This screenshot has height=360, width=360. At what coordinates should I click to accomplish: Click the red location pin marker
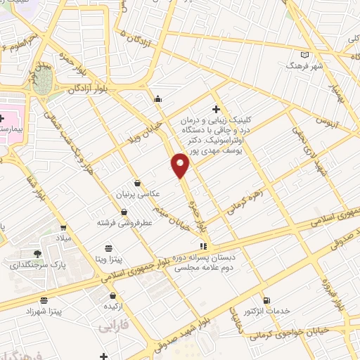tap(181, 166)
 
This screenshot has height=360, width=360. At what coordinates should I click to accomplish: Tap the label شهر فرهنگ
tap(303, 65)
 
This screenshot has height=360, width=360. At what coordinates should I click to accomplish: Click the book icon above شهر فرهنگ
tap(304, 54)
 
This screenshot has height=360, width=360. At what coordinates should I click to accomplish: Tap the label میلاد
tap(64, 239)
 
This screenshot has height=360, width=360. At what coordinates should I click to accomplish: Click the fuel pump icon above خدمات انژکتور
tap(265, 300)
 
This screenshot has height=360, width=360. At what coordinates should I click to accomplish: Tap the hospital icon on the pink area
tap(3, 117)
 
